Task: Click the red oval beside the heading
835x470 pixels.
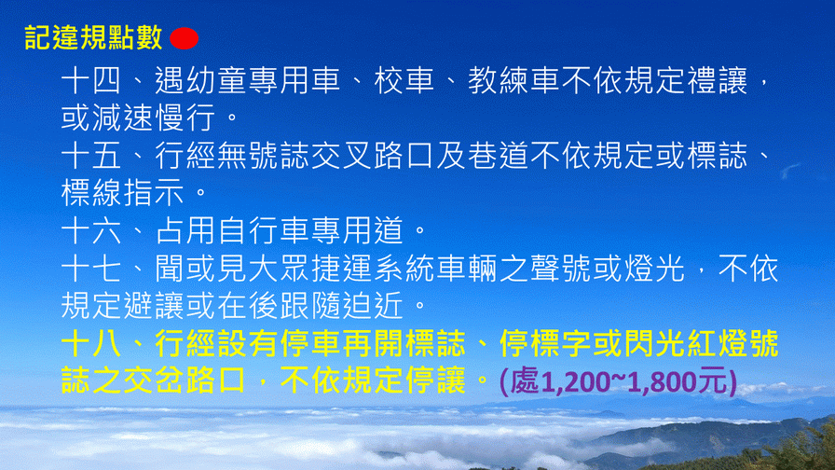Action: tap(185, 38)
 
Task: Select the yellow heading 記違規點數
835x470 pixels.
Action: tap(93, 38)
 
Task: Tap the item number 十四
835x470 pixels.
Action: tap(91, 81)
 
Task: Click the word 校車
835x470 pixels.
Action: tap(404, 81)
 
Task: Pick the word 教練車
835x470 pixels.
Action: tap(513, 81)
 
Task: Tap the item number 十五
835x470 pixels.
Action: tap(91, 156)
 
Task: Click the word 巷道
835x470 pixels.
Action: tap(498, 156)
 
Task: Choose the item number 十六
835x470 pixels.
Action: tap(91, 230)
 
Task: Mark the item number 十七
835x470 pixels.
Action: tap(91, 268)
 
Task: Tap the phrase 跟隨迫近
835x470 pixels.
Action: tap(341, 305)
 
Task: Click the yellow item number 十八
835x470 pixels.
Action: tap(91, 344)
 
